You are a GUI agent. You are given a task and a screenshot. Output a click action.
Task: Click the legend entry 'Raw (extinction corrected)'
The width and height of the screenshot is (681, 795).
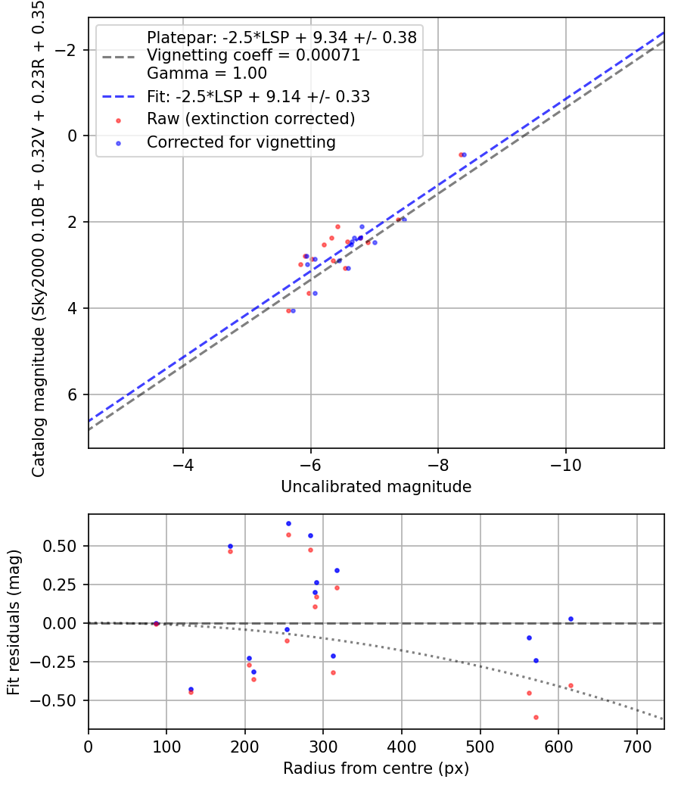coord(250,119)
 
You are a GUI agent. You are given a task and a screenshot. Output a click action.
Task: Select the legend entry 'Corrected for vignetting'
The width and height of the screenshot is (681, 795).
coord(241,142)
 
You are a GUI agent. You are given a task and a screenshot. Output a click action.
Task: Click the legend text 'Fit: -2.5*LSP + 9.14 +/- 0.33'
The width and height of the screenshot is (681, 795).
coord(258,96)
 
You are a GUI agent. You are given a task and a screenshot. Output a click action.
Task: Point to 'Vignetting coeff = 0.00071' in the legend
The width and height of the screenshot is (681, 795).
coord(253,55)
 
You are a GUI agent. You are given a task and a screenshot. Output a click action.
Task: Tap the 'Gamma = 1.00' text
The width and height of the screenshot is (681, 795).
coord(207,73)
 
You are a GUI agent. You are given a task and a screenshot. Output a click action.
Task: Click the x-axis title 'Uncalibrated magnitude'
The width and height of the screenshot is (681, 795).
coord(376,487)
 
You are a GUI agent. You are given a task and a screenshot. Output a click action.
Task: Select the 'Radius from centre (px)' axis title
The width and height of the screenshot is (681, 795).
coord(376,768)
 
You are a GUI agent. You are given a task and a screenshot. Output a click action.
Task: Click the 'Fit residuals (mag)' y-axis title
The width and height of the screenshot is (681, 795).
coord(14,622)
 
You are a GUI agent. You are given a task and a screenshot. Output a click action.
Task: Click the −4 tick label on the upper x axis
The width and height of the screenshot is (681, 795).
coord(182,464)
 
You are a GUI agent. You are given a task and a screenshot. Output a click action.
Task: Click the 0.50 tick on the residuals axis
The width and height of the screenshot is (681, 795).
coord(64,546)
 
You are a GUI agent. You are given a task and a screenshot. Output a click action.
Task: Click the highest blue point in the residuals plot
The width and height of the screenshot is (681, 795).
coord(288,523)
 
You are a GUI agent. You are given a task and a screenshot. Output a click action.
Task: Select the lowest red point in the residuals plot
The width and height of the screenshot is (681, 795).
coord(536,717)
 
